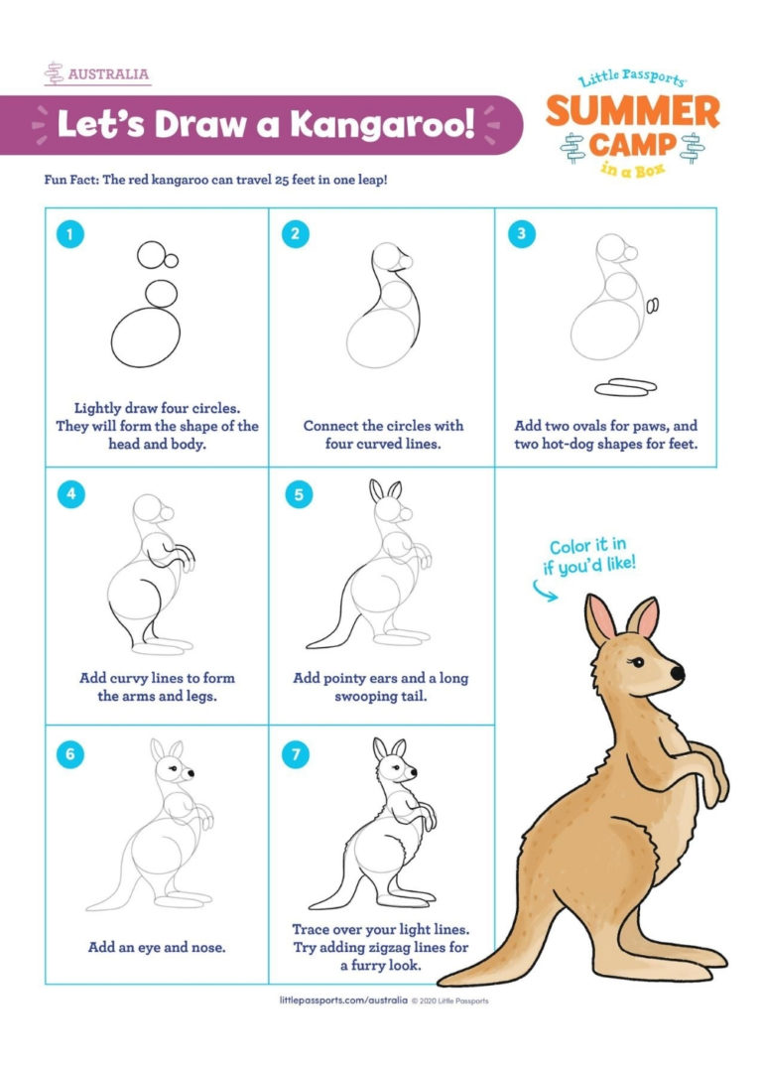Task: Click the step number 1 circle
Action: (68, 235)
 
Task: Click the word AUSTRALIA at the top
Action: (109, 73)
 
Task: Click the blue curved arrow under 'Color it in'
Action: (541, 592)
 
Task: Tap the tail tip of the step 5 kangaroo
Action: (311, 644)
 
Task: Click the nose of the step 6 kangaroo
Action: (190, 772)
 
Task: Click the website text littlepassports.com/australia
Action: (343, 1000)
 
